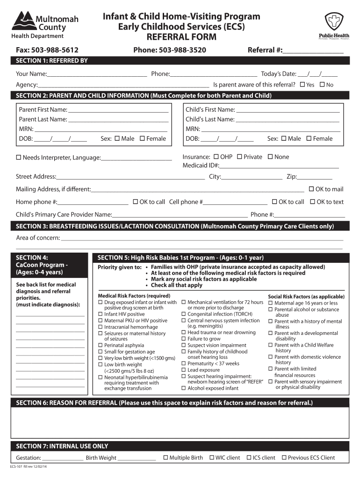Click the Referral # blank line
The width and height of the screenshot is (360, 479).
313,51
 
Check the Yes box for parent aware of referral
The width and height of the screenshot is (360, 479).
302,85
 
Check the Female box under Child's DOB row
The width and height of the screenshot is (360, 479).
309,138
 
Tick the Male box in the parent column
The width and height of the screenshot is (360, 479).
117,138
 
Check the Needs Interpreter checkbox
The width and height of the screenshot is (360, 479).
19,158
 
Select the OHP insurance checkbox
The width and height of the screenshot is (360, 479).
216,157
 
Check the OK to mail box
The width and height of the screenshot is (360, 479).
311,189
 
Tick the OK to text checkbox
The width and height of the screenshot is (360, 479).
312,202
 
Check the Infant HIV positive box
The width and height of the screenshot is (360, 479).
100,314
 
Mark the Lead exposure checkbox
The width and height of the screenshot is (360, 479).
184,370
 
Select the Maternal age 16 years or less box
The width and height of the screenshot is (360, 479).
270,303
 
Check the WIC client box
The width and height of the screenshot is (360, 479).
212,457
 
